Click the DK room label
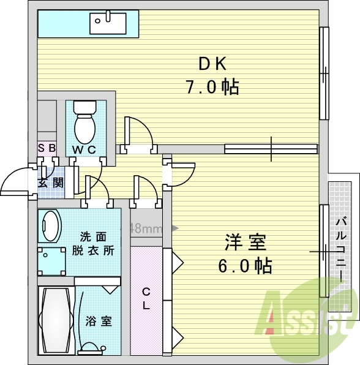[x=212, y=64]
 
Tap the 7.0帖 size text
[x=212, y=87]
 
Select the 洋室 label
[x=246, y=243]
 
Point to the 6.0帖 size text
[x=246, y=266]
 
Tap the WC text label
[x=84, y=150]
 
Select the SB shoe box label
[x=47, y=148]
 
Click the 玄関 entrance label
[x=50, y=182]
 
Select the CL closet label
[x=146, y=298]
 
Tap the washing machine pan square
[x=51, y=262]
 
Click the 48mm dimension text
[x=146, y=228]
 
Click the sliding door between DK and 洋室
[x=271, y=148]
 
